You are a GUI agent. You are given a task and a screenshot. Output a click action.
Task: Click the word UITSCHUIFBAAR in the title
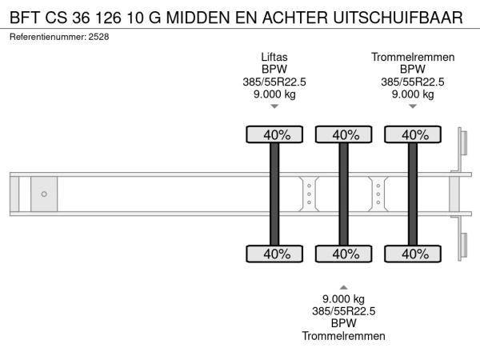(398, 18)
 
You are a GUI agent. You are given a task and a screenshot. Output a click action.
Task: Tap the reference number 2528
(98, 37)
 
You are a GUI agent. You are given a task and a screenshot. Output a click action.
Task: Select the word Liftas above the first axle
(274, 57)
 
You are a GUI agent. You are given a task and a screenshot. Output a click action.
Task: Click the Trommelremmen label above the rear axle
(413, 57)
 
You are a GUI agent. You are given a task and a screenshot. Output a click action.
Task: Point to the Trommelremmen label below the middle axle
(343, 336)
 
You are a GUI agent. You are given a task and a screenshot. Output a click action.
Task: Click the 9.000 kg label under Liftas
(274, 94)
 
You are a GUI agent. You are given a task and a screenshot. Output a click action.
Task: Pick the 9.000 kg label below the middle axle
(343, 298)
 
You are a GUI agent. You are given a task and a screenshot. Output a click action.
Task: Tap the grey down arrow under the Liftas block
(274, 106)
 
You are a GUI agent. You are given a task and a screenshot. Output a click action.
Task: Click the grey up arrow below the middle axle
(343, 287)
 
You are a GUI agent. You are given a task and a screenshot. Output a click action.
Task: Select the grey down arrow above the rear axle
(413, 106)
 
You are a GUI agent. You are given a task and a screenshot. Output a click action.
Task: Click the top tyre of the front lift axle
(274, 134)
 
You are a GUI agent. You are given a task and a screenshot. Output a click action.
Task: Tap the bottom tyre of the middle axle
(344, 254)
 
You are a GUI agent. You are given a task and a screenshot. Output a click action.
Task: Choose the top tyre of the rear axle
(413, 134)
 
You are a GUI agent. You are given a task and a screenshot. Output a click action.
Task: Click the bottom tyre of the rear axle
(413, 254)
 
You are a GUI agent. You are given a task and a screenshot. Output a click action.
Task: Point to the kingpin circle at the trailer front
(44, 194)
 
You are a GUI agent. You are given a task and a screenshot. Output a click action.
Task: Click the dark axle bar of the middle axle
(343, 194)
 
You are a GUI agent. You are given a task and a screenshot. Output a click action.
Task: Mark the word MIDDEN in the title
(198, 18)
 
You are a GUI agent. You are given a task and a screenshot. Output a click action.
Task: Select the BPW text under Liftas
(274, 69)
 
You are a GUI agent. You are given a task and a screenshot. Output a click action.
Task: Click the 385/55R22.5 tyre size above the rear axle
(413, 82)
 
